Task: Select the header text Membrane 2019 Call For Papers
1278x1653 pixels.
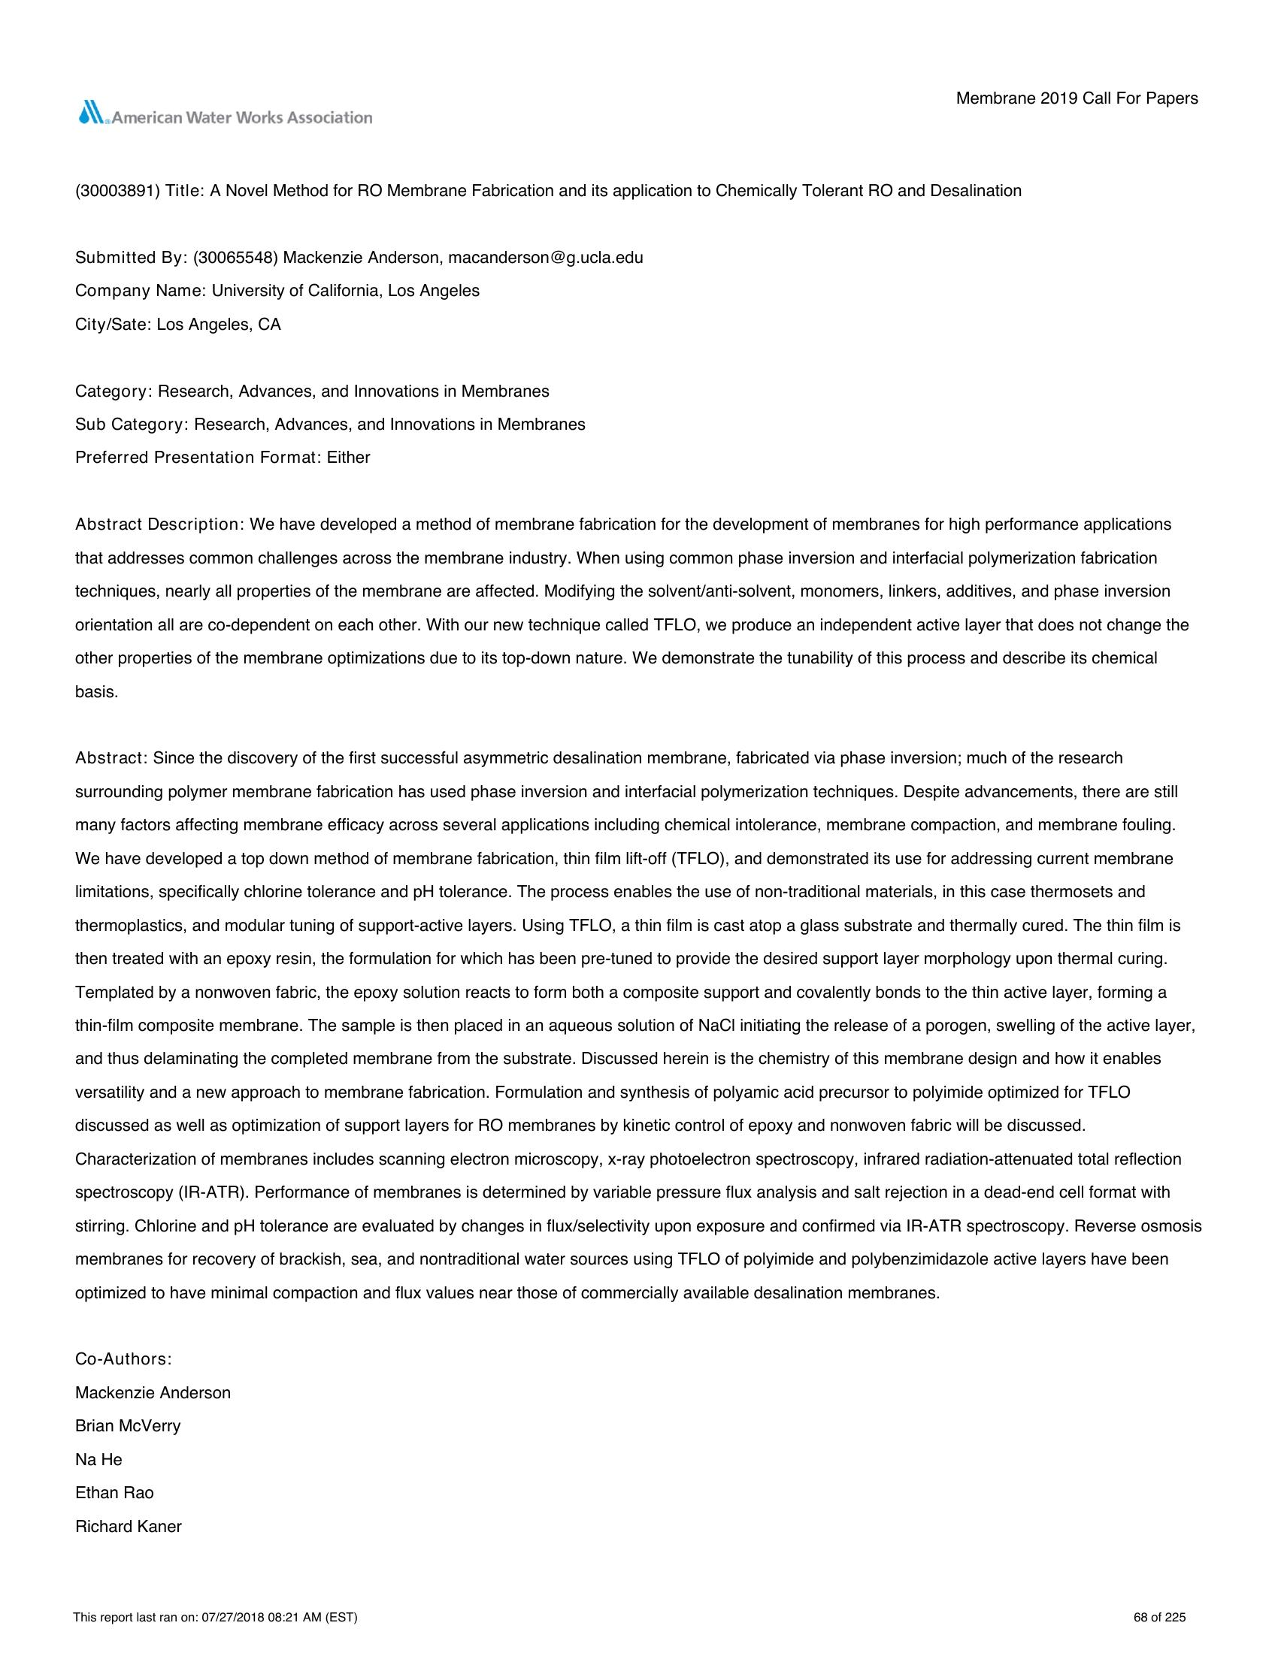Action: (1077, 98)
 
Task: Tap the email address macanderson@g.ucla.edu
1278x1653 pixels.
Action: (545, 257)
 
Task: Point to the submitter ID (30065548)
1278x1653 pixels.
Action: (235, 257)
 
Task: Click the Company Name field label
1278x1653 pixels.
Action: (141, 291)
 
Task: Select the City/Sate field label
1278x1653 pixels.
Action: (114, 325)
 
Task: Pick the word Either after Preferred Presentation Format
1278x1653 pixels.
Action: (348, 458)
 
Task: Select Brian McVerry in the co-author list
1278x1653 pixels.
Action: (128, 1426)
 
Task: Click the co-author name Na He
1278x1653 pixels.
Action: (98, 1459)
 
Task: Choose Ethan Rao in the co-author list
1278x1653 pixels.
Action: (114, 1492)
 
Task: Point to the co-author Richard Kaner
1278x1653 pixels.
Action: (129, 1527)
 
